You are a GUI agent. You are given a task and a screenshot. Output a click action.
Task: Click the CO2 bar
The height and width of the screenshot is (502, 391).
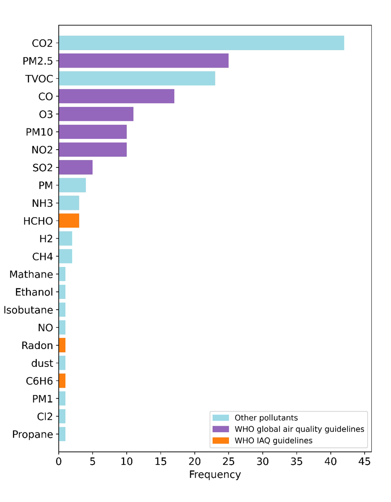[x=201, y=43]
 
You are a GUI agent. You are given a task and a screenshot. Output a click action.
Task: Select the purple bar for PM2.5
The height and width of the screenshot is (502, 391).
[x=144, y=61]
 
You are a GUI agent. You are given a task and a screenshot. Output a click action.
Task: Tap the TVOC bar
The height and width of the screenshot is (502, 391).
[x=137, y=79]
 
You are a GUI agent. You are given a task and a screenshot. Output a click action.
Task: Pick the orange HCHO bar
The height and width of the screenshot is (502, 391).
[x=69, y=221]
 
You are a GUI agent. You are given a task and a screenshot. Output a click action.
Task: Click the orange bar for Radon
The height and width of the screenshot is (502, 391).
[x=62, y=345]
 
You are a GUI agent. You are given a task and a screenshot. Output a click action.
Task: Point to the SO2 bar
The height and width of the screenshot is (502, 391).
[x=76, y=167]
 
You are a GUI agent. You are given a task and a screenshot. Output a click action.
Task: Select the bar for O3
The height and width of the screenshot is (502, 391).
[x=96, y=114]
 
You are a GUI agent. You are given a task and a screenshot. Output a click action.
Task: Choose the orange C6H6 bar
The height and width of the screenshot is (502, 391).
[x=62, y=381]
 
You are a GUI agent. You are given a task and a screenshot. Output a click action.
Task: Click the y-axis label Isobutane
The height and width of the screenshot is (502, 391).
[x=28, y=310]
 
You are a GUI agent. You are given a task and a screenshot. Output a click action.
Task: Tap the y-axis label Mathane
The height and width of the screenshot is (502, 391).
[x=31, y=274]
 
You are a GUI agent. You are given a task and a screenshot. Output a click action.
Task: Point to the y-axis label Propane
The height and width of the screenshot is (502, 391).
[x=33, y=434]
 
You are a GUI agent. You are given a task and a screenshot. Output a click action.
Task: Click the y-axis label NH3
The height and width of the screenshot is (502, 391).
[x=42, y=203]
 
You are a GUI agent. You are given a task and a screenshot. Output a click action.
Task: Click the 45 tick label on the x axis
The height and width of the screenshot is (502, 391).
[x=365, y=461]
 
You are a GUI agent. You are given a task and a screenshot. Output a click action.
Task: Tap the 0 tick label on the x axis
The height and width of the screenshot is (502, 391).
[x=59, y=461]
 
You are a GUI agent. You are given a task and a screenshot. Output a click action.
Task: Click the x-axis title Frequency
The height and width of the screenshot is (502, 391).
[x=215, y=474]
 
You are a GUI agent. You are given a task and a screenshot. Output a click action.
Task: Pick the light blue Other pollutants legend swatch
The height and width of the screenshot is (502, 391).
[x=221, y=418]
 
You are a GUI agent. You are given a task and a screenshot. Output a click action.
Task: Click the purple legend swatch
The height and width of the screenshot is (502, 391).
[x=221, y=429]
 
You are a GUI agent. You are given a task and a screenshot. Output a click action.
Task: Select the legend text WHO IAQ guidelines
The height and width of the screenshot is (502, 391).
[x=273, y=441]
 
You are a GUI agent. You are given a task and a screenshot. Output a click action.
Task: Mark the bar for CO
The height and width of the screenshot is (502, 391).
[x=116, y=96]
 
